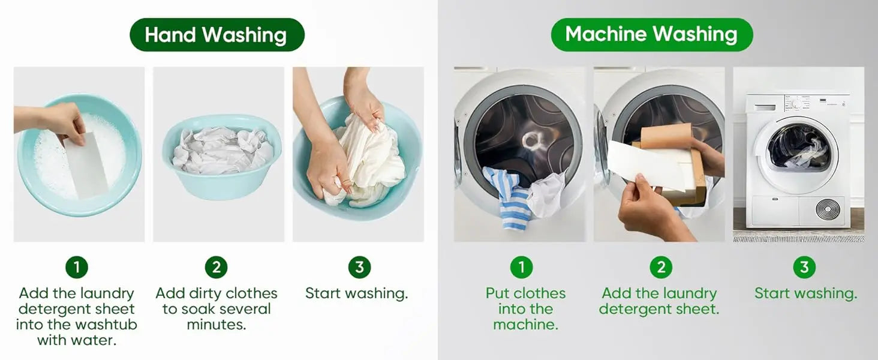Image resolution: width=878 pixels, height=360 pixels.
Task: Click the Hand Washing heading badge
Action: pyautogui.click(x=217, y=35)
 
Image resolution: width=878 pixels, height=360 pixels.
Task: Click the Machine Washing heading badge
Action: pyautogui.click(x=651, y=35)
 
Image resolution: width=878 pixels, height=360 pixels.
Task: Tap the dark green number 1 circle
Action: pyautogui.click(x=77, y=267)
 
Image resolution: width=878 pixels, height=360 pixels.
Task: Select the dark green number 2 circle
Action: pyautogui.click(x=217, y=267)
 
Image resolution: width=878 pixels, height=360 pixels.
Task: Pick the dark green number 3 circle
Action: pyautogui.click(x=359, y=267)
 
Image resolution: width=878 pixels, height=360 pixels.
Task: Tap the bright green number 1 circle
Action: pyautogui.click(x=521, y=267)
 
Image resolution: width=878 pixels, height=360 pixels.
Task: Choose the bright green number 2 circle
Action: pyautogui.click(x=661, y=267)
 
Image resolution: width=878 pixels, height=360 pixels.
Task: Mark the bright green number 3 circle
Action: pyautogui.click(x=804, y=267)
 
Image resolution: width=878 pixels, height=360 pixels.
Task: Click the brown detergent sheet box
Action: pyautogui.click(x=675, y=165)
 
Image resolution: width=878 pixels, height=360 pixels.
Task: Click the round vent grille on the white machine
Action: pyautogui.click(x=828, y=209)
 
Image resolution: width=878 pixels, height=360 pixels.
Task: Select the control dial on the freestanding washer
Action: pyautogui.click(x=796, y=104)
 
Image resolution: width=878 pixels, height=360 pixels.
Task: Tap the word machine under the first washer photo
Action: pyautogui.click(x=525, y=325)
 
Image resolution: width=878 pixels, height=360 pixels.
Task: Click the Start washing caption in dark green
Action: pyautogui.click(x=357, y=293)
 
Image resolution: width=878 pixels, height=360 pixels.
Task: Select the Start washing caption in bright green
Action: pyautogui.click(x=806, y=293)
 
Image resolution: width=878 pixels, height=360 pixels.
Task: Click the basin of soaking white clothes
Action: pyautogui.click(x=222, y=156)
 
